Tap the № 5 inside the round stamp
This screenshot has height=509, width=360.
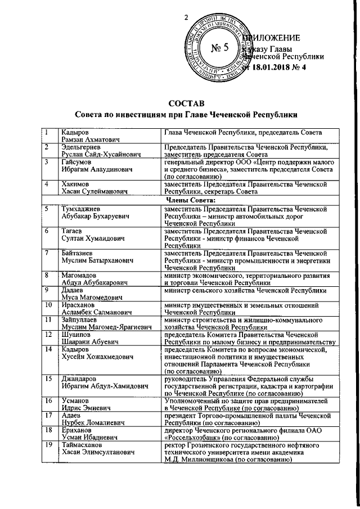(218, 47)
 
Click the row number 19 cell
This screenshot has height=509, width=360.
(49, 446)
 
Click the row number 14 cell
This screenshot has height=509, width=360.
(49, 350)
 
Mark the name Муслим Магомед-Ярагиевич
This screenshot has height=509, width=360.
(105, 328)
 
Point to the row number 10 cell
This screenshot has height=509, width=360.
(49, 304)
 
